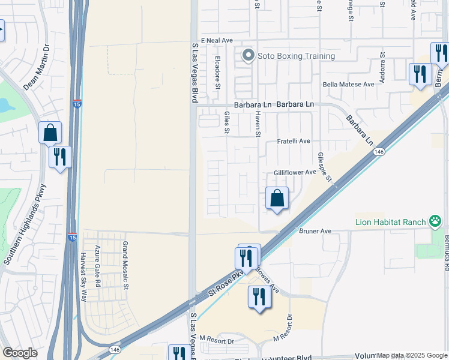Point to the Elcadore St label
[x=217, y=71]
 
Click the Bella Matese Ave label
[x=348, y=85]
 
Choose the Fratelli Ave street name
[x=293, y=141]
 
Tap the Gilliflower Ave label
[x=295, y=172]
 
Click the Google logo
[x=20, y=353]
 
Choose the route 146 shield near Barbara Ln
[x=378, y=152]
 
